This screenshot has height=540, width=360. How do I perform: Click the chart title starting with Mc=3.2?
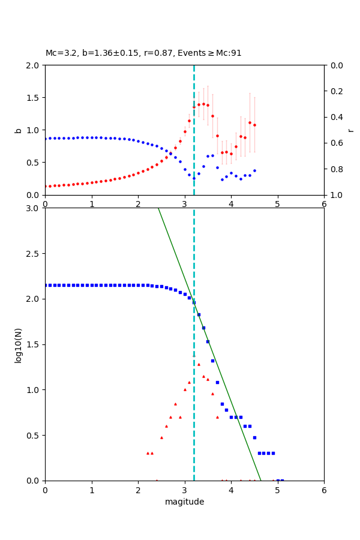143,53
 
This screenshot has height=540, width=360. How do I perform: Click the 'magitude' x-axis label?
184,502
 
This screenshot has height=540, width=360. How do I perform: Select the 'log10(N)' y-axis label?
18,344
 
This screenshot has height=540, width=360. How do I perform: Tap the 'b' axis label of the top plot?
18,130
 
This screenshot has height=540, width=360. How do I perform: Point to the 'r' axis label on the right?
351,130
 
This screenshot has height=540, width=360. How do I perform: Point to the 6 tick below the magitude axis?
324,490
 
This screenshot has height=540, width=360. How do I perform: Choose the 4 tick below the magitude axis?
231,490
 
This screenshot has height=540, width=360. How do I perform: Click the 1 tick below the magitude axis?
91,490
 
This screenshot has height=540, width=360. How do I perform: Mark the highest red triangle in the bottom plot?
194,355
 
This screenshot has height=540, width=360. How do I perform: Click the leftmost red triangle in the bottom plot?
148,453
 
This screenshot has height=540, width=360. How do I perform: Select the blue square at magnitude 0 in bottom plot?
46,285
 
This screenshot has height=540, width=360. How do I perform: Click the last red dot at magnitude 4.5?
254,125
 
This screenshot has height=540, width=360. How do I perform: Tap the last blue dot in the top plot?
254,170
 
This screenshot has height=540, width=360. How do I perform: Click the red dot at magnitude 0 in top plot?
46,186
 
